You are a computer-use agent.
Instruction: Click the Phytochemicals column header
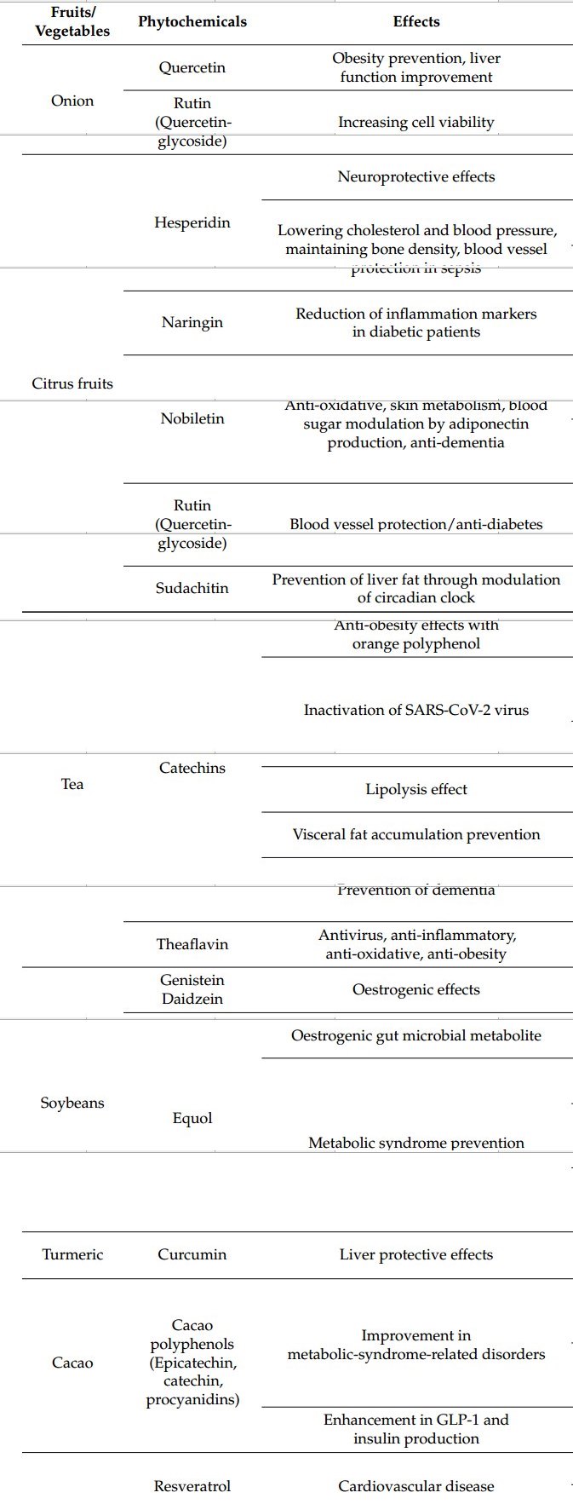click(192, 22)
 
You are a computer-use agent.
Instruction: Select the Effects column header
click(415, 22)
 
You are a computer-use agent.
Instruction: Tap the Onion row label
click(72, 101)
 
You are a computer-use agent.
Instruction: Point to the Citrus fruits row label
click(72, 383)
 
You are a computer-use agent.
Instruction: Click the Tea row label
click(72, 784)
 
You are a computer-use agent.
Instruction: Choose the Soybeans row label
click(72, 1103)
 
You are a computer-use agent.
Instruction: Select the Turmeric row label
click(72, 1254)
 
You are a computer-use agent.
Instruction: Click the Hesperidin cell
click(192, 222)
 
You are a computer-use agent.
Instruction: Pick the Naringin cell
click(192, 322)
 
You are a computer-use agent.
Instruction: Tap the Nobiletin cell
click(192, 418)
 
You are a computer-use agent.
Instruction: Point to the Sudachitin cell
click(192, 588)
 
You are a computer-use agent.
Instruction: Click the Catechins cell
click(192, 768)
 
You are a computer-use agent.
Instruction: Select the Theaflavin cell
click(192, 944)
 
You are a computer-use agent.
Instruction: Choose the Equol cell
click(192, 1118)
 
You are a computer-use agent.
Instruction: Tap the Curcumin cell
click(192, 1254)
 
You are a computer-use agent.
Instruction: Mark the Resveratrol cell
click(192, 1486)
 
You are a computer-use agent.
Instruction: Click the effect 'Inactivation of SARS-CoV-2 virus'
click(415, 710)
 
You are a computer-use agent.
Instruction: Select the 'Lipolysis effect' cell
click(415, 789)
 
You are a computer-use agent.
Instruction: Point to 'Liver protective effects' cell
click(415, 1254)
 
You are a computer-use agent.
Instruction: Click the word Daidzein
click(192, 999)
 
